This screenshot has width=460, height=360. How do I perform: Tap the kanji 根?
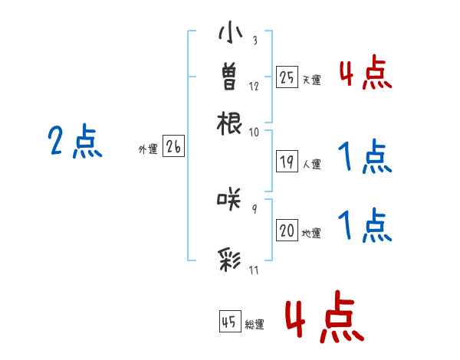coord(231,122)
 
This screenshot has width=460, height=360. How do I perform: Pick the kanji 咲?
coord(231,199)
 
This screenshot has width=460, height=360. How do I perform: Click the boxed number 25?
coord(287,77)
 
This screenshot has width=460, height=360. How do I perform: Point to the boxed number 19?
coord(287,161)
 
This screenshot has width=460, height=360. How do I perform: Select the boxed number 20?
coord(287,231)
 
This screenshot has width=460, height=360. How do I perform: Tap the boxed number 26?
coord(173,148)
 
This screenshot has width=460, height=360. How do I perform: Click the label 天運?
coord(312,80)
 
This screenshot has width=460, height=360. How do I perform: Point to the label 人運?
coord(312,164)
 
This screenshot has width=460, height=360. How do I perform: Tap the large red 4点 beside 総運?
coord(325,319)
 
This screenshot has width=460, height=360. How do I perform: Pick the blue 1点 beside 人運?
coord(365,159)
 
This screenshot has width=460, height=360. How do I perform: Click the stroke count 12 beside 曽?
coord(255,87)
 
